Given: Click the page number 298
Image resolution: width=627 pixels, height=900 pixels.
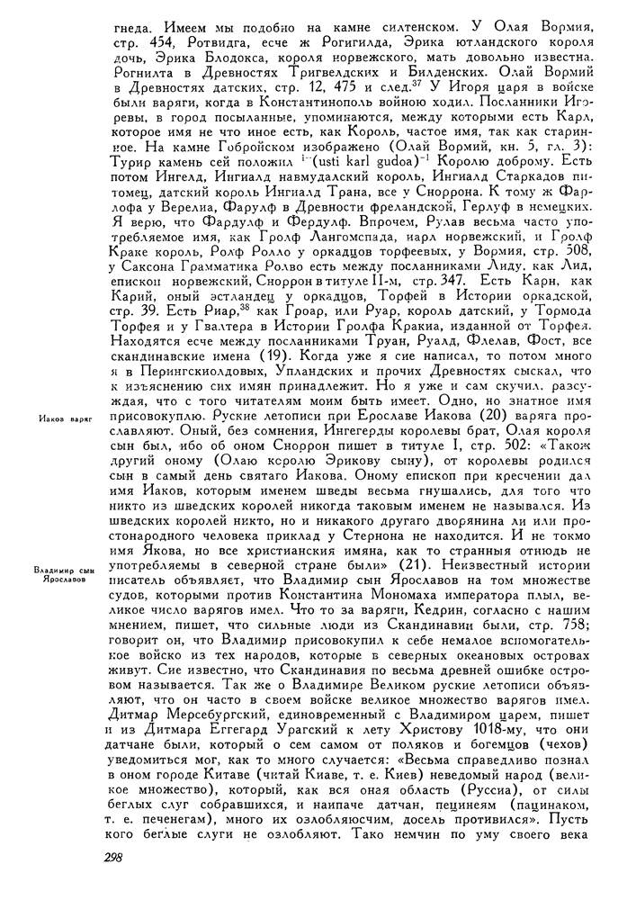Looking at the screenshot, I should [120, 859].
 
